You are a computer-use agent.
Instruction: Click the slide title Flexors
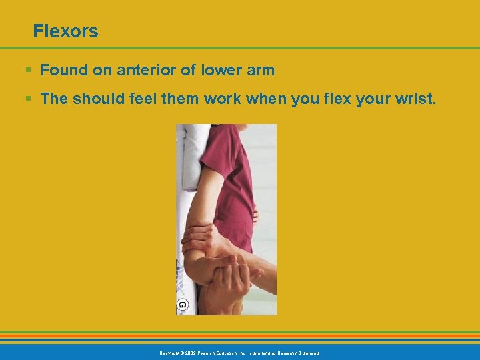[x=65, y=31]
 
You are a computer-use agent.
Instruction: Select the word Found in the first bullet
[x=63, y=69]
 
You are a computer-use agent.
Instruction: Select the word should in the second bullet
[x=102, y=99]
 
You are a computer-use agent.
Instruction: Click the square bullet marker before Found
[x=27, y=69]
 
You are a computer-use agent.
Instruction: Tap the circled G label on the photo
[x=182, y=305]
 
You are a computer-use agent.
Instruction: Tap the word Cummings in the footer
[x=306, y=353]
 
